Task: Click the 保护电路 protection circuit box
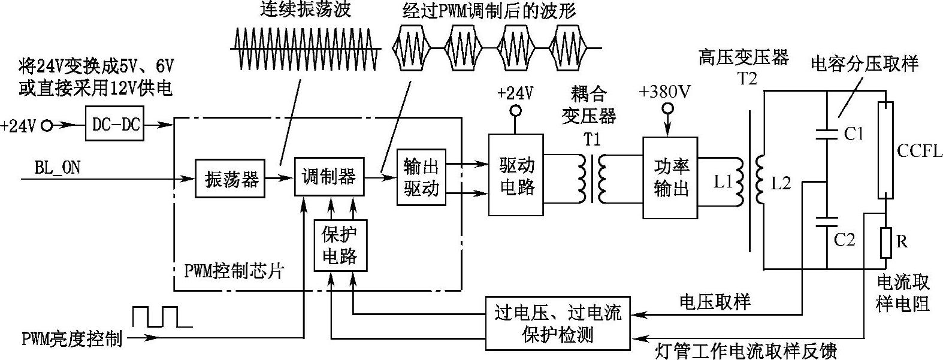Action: (x=340, y=246)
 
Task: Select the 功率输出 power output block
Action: (x=670, y=178)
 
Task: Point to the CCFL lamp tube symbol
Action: (x=886, y=150)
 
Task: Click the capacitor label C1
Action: (x=854, y=134)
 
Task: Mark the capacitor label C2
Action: (x=845, y=240)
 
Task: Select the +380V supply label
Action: (x=664, y=92)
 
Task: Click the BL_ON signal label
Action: (x=58, y=167)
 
